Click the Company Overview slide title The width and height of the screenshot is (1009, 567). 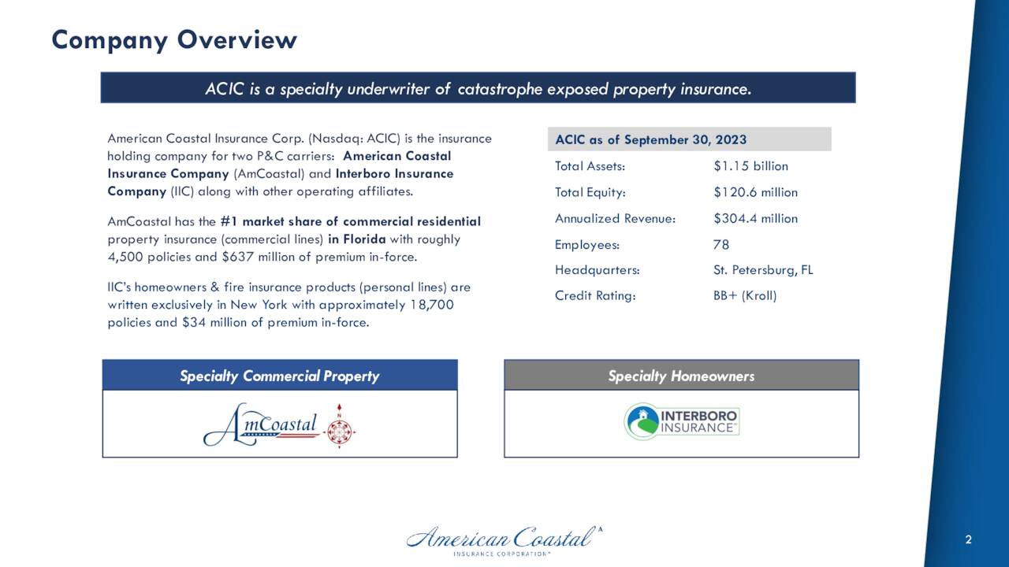(174, 39)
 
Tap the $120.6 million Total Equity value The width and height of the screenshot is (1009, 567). (754, 192)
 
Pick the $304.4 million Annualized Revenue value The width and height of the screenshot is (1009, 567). (754, 218)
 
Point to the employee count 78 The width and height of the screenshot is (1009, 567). (720, 244)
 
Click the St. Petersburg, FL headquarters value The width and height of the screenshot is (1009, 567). (762, 270)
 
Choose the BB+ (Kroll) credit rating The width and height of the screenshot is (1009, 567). (744, 296)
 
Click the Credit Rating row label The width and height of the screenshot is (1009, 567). (594, 296)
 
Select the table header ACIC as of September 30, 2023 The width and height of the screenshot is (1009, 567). (650, 140)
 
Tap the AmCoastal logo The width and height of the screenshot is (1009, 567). (262, 425)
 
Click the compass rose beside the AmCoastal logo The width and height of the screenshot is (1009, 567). (341, 425)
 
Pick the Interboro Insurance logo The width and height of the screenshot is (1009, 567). (681, 422)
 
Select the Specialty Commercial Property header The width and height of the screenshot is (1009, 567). (279, 376)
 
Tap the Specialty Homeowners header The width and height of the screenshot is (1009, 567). (681, 376)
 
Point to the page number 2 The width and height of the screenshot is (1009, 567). (968, 539)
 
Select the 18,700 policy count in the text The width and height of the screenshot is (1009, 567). (432, 305)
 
